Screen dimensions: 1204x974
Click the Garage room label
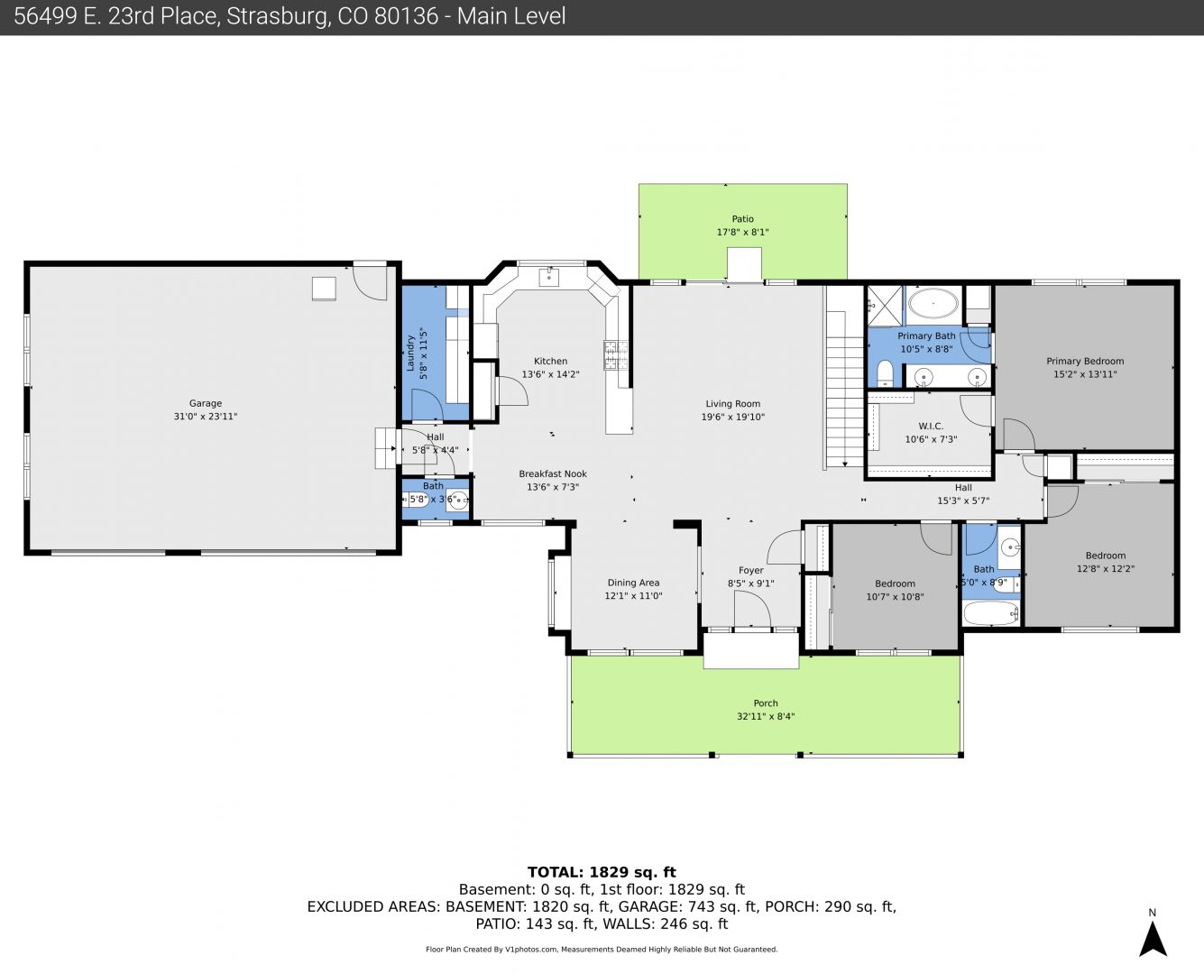coord(206,403)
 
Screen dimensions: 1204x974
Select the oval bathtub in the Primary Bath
coord(933,304)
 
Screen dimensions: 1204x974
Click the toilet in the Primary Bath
coord(885,374)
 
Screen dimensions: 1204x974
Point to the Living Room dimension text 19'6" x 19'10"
coord(732,418)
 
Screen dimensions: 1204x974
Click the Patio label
coord(743,219)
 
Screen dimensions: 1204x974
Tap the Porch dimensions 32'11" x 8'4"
coord(766,716)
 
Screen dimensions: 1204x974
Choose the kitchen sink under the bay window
coord(548,278)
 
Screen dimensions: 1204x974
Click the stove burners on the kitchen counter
coord(616,355)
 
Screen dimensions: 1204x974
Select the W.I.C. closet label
coord(931,426)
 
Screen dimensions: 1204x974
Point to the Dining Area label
coord(633,583)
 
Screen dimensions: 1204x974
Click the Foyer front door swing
coord(752,608)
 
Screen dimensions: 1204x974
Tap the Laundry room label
coord(411,354)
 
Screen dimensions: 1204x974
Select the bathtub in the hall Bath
coord(991,612)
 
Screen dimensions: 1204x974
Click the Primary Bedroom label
coord(1085,361)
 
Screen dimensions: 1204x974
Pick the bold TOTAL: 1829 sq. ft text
coord(602,872)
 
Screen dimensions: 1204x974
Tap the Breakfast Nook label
coord(553,473)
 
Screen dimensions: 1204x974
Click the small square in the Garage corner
coord(324,289)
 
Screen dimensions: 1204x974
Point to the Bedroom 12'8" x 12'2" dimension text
coord(1105,569)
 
